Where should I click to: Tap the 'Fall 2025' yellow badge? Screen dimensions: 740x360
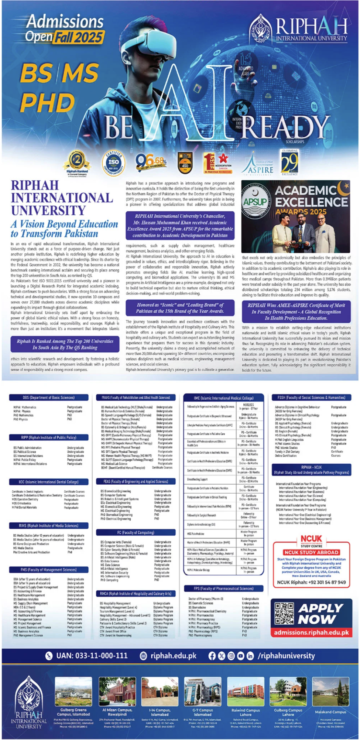click(79, 37)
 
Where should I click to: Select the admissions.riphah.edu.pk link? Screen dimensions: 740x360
click(311, 632)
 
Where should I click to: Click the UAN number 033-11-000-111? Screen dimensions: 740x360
click(92, 656)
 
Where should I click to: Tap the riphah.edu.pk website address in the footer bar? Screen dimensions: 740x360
click(173, 656)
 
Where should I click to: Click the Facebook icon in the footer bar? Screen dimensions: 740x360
click(212, 656)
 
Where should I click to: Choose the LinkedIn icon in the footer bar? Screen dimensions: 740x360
click(250, 656)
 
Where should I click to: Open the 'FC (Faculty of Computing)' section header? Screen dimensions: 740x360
click(136, 532)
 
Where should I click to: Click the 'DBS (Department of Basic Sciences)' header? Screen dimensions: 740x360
click(48, 398)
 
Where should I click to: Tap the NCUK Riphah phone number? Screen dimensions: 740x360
click(311, 582)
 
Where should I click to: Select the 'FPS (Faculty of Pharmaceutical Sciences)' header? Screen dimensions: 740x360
click(223, 588)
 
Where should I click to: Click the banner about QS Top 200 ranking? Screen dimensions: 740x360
click(65, 344)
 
